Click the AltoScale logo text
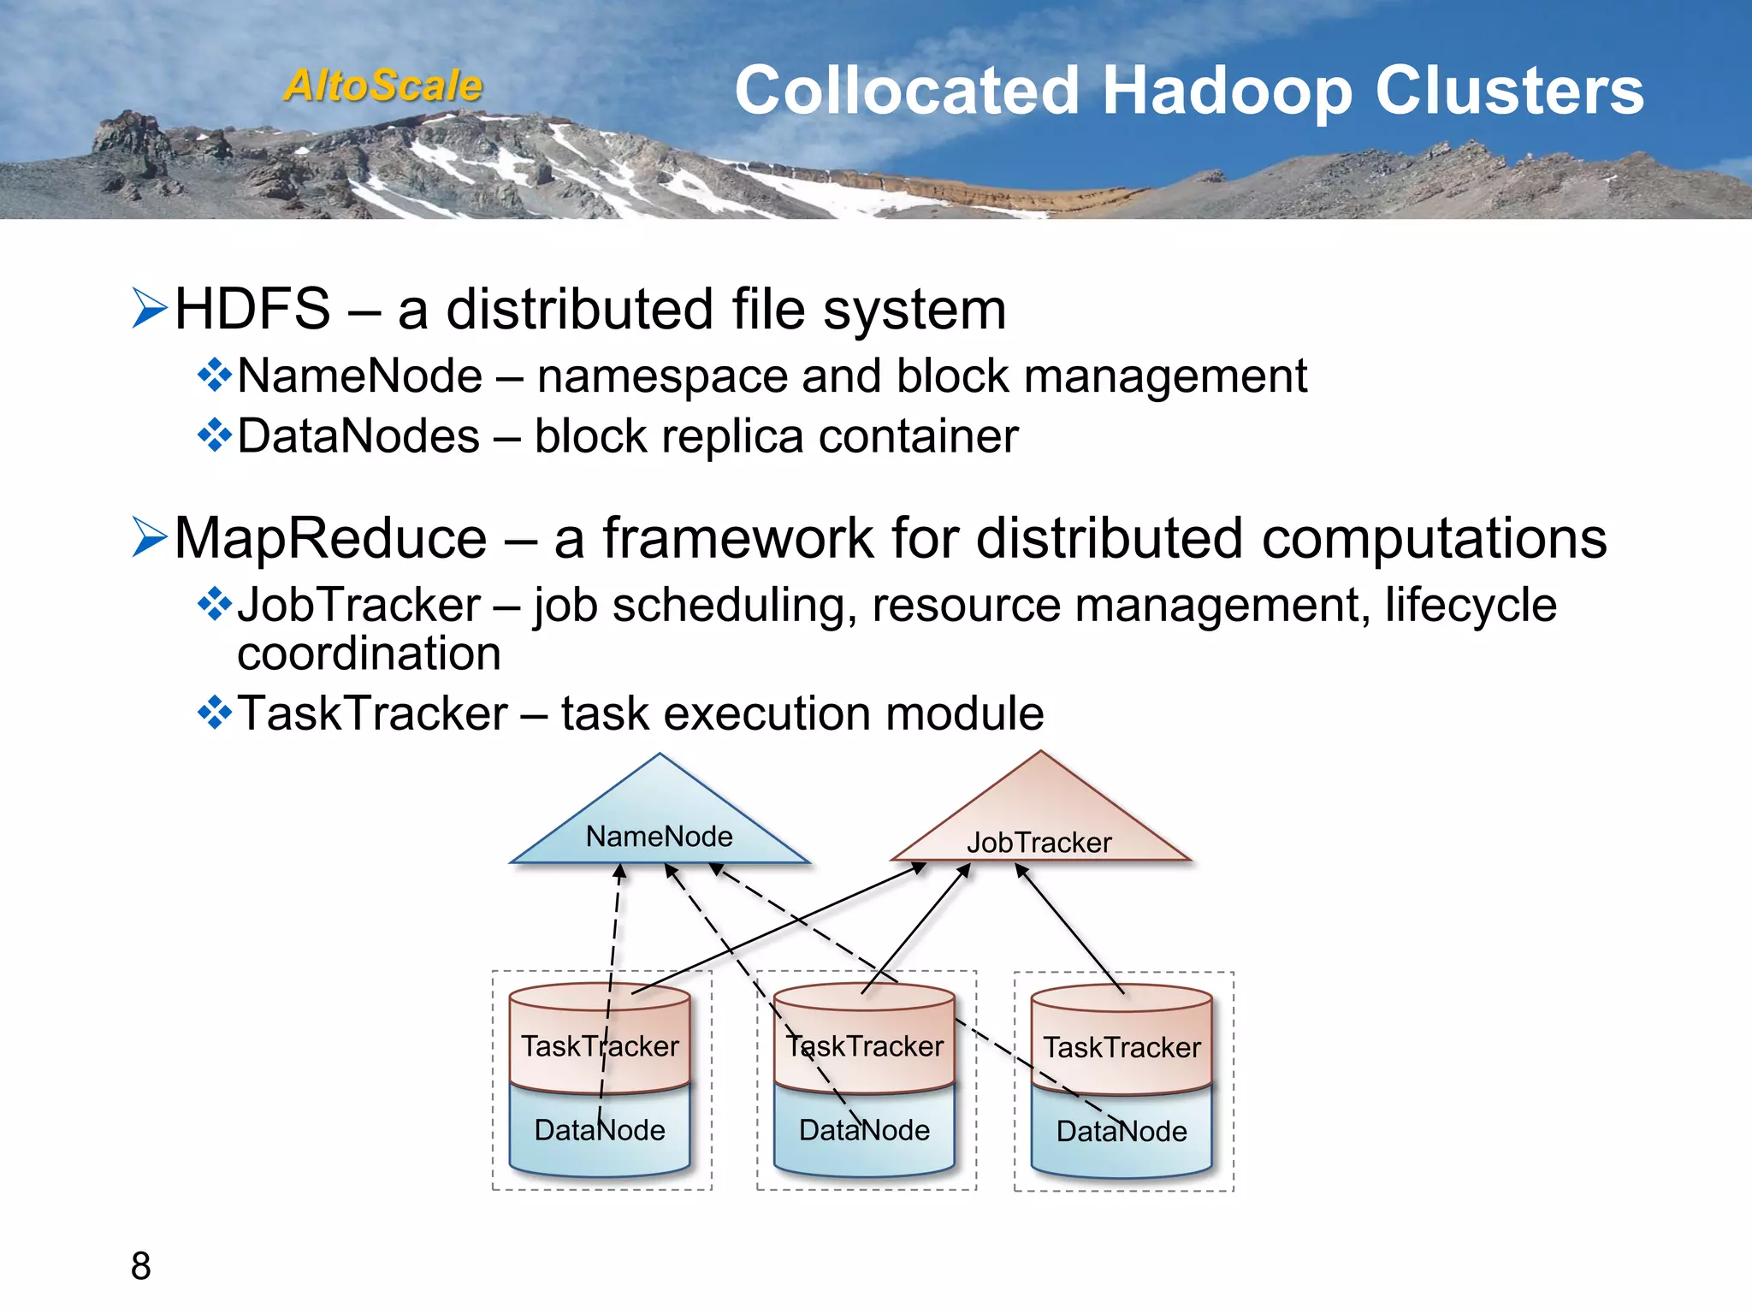[x=383, y=86]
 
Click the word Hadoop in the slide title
[x=1227, y=91]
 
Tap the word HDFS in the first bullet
[x=252, y=309]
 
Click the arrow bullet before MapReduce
[x=150, y=537]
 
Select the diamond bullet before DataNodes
[x=214, y=435]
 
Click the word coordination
[x=369, y=654]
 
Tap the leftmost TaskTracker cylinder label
[x=600, y=1046]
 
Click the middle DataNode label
[x=864, y=1130]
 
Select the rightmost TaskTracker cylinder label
[x=1122, y=1047]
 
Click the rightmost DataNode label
[x=1122, y=1131]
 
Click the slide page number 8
[x=141, y=1266]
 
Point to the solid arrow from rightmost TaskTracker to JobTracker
[x=1069, y=928]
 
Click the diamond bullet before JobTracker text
[x=214, y=604]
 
